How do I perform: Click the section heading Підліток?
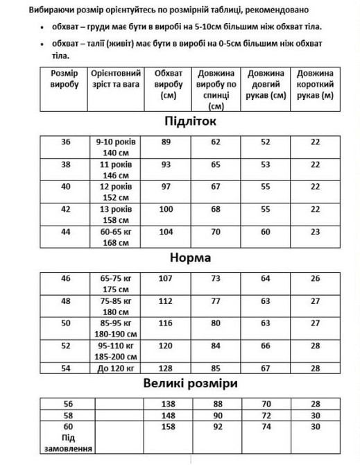click(191, 121)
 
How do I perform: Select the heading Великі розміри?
click(191, 382)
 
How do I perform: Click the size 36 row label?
click(66, 142)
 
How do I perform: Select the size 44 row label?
click(66, 231)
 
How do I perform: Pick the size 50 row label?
click(66, 323)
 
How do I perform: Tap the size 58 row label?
click(67, 414)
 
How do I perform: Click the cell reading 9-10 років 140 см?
click(116, 146)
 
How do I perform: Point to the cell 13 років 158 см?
click(116, 214)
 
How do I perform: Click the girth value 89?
click(166, 142)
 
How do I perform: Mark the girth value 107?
click(166, 278)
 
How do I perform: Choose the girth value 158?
click(166, 425)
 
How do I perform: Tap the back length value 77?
click(216, 301)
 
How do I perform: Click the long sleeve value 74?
click(266, 425)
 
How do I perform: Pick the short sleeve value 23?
click(316, 231)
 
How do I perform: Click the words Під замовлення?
click(67, 445)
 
